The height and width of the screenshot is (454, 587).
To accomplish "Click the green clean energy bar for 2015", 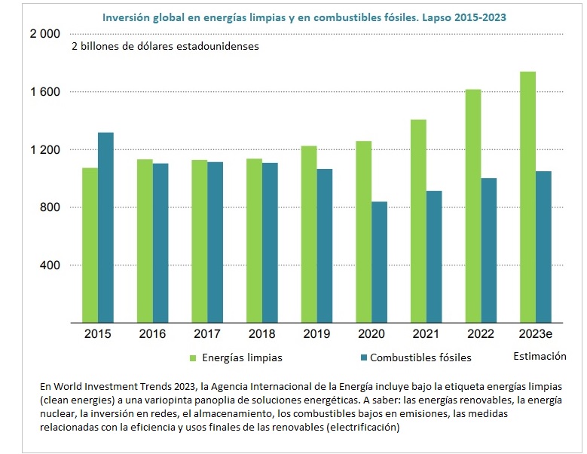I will [90, 245].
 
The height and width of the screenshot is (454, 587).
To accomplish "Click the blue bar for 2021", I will [433, 256].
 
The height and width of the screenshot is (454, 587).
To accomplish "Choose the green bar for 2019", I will [309, 235].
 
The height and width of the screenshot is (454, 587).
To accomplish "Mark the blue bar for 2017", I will [215, 242].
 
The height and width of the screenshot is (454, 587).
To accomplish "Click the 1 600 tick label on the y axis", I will [44, 92].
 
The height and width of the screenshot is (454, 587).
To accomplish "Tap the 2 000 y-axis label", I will [44, 35].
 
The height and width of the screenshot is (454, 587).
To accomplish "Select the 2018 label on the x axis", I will [261, 334].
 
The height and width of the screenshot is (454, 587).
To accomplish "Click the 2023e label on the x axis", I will [536, 334].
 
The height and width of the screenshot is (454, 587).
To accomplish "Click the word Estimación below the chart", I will [539, 356].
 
